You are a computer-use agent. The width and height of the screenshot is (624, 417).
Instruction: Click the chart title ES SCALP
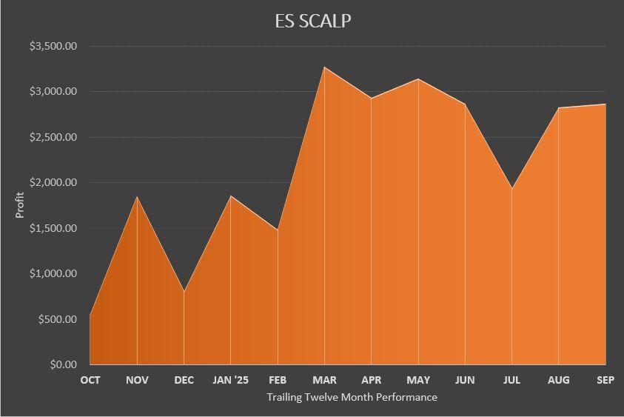point(312,21)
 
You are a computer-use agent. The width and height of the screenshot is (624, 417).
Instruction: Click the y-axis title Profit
point(20,205)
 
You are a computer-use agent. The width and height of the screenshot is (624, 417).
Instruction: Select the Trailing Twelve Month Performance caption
point(352,397)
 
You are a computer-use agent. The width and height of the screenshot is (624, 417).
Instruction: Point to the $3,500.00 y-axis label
point(53,46)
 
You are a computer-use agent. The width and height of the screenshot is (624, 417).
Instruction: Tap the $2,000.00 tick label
point(53,182)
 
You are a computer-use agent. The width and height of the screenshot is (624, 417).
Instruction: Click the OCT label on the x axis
point(90,380)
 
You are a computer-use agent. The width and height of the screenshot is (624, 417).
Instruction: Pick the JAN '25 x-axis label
point(231,380)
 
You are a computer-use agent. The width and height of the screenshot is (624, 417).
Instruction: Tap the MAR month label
point(324,380)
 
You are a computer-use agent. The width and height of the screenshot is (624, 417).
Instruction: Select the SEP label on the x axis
point(605,380)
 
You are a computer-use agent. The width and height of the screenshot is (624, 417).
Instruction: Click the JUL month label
point(511,380)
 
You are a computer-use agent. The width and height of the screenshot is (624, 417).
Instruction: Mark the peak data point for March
point(324,67)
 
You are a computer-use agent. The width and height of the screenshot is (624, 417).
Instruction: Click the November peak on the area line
point(137,196)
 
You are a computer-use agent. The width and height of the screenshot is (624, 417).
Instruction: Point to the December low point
point(184,291)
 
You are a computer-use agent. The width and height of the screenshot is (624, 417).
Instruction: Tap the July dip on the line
point(511,188)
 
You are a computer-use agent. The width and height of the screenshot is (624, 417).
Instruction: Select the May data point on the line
point(418,79)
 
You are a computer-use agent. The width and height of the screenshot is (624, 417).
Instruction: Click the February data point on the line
point(278,230)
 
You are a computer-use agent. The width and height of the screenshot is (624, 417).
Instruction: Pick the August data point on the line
point(558,107)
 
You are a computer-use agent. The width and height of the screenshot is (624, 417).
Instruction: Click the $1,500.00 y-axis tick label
point(53,228)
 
